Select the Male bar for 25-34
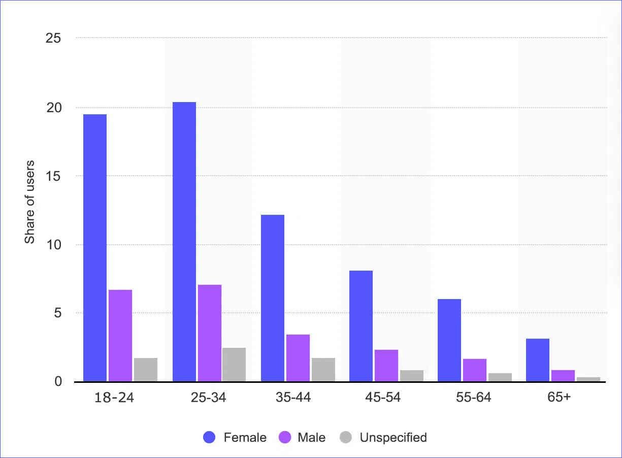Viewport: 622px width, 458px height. (x=210, y=333)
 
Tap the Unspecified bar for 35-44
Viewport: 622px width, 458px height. (x=323, y=370)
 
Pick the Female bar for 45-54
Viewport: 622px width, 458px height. (x=361, y=326)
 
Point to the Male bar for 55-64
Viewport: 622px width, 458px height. (x=474, y=370)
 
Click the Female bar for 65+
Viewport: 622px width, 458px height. (x=538, y=360)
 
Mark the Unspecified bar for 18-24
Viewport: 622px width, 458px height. (x=146, y=370)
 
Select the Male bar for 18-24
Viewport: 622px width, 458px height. (x=120, y=336)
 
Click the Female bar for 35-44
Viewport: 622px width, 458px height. (x=273, y=298)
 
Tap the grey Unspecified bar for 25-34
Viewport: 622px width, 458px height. (x=234, y=365)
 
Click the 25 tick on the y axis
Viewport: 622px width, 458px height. (x=53, y=39)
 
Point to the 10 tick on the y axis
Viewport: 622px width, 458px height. (x=53, y=245)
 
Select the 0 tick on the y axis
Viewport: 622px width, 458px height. (x=57, y=381)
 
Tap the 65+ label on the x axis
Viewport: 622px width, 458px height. (x=559, y=398)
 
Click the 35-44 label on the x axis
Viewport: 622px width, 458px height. (x=294, y=398)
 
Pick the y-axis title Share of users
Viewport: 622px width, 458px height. (x=30, y=202)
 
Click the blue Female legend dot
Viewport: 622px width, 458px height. (x=209, y=437)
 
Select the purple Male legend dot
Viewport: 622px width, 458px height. (x=285, y=437)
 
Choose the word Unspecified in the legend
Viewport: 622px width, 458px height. (x=393, y=437)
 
